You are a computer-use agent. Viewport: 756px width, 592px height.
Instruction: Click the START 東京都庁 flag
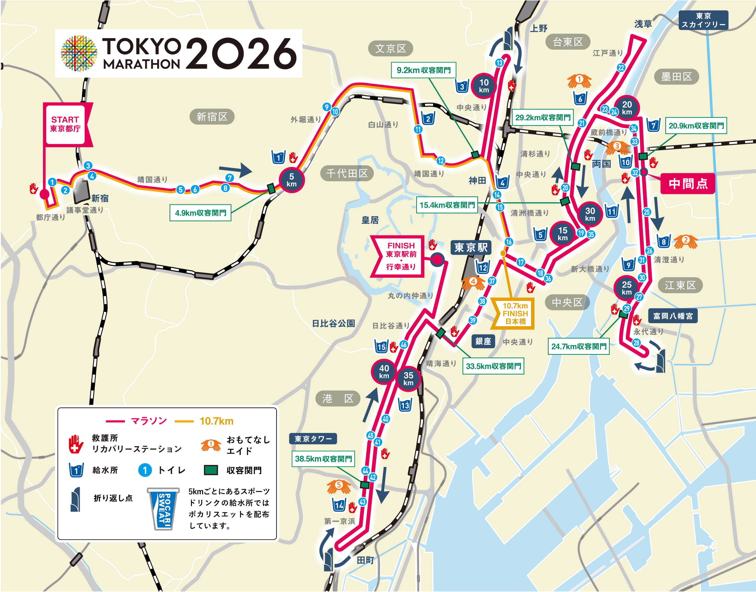66,124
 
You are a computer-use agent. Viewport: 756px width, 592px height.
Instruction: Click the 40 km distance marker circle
384,371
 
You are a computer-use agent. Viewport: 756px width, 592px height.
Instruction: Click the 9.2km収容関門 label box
423,70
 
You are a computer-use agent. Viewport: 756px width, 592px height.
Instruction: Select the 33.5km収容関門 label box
493,366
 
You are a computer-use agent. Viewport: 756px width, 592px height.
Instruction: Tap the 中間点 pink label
688,183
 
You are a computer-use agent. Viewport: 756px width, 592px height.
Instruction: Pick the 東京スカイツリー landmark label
703,20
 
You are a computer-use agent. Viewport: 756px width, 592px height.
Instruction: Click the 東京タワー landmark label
313,439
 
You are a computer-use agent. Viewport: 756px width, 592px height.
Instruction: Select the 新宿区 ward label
212,117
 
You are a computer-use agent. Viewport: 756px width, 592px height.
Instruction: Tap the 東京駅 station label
470,247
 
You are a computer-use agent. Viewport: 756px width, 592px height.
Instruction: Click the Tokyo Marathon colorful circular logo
79,53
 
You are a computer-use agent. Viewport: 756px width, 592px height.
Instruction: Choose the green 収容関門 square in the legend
211,470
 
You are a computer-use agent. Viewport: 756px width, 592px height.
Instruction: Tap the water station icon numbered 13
405,404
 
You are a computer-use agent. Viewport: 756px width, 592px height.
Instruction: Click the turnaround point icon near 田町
328,559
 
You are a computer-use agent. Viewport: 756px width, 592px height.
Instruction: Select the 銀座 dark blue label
483,341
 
